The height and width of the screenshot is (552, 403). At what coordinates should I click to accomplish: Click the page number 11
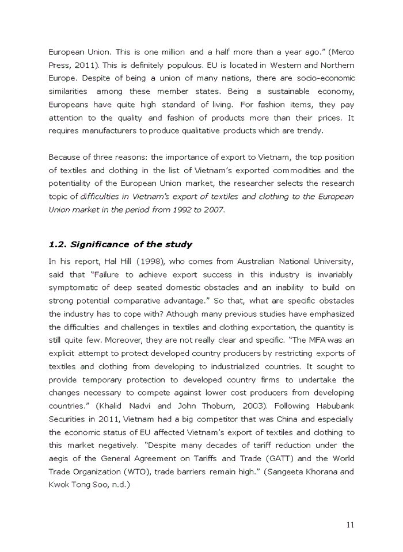[x=350, y=524]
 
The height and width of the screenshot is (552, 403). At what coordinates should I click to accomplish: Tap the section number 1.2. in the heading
[x=58, y=244]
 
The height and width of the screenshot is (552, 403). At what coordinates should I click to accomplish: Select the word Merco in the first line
[x=342, y=52]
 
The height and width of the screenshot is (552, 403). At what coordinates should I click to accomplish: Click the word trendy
[x=311, y=131]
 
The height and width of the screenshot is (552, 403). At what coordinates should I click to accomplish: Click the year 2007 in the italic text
[x=211, y=210]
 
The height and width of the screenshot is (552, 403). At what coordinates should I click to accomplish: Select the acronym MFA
[x=324, y=340]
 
